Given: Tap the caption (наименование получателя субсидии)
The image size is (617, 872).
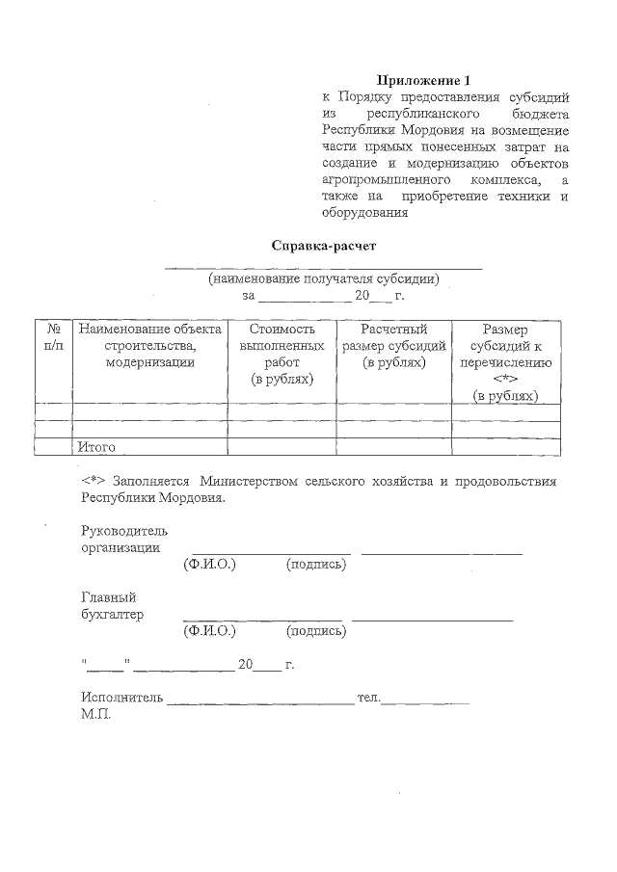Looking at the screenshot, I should coord(324,279).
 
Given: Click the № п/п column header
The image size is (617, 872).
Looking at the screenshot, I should coord(53,337).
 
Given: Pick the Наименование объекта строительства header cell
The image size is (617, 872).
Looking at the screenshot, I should coord(149,346).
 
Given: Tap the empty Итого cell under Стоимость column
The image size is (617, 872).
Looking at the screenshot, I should coord(282,447).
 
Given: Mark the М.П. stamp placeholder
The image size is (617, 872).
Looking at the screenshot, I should coord(96,715).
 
